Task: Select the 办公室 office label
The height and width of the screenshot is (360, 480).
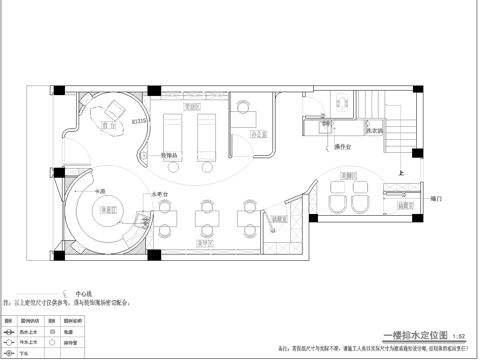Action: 258,133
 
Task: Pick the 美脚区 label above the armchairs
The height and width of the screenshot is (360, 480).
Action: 349,175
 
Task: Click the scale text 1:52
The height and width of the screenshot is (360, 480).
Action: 459,338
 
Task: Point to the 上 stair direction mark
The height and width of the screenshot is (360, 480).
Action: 400,172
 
